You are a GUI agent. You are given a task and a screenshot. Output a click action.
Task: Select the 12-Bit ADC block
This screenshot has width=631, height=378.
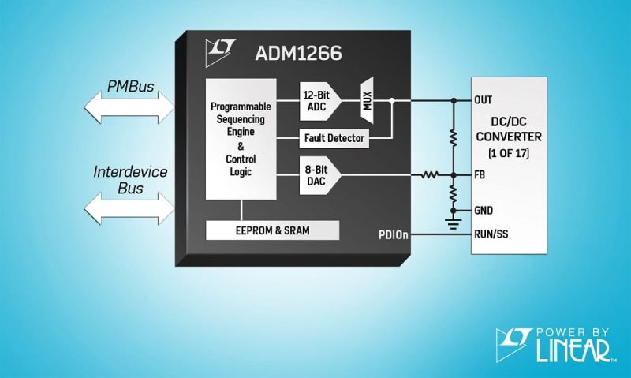point(319,101)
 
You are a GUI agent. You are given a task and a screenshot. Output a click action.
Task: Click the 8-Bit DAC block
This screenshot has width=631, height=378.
point(319,174)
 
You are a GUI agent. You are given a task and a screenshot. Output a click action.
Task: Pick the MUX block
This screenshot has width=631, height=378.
point(367,101)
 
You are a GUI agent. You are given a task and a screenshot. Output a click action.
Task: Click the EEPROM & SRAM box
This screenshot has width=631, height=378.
point(272,230)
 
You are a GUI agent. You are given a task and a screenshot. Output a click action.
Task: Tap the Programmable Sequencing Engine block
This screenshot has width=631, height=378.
point(241,138)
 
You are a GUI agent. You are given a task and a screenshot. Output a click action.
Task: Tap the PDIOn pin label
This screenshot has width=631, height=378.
point(393,234)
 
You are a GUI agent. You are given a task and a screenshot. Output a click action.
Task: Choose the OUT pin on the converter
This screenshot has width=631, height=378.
point(484,100)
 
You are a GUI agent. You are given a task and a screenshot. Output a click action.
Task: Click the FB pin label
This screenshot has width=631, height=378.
point(480,174)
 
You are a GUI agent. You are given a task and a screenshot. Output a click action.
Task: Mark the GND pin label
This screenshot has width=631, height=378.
point(484,211)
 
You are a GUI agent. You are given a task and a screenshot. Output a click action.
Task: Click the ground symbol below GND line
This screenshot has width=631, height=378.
point(454,225)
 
